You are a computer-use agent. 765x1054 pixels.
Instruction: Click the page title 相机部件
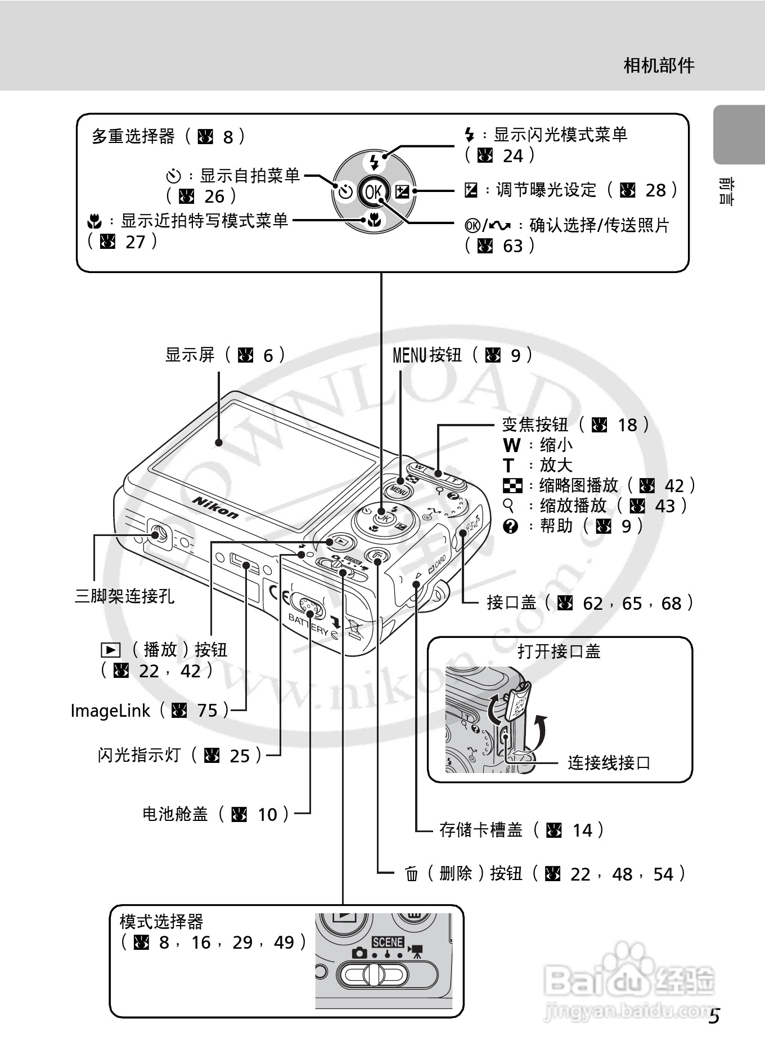659,66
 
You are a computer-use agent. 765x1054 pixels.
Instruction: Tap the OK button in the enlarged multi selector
373,192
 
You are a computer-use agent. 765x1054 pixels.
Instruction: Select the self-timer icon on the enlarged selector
345,192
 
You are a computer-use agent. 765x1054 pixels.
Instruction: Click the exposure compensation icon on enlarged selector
402,191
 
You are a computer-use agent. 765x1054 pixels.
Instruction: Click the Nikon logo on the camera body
215,507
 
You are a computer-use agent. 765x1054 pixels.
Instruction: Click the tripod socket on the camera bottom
158,533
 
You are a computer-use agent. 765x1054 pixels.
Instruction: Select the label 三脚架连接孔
124,596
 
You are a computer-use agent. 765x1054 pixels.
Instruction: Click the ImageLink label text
110,711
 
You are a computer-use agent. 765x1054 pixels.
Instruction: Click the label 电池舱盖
175,814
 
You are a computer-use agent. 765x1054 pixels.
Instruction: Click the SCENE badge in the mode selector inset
388,942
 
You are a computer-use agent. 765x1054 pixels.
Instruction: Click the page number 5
714,1017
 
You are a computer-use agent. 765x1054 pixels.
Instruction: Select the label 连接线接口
609,763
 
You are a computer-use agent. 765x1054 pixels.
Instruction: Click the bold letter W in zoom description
511,445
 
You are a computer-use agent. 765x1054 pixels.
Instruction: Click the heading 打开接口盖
559,651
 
